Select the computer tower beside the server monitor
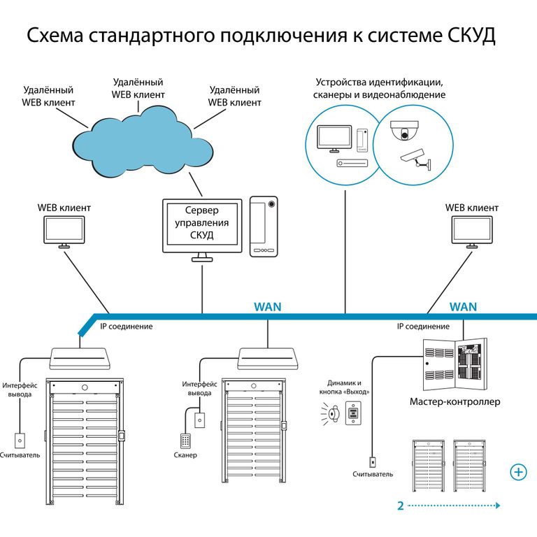click(264, 226)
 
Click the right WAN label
click(463, 306)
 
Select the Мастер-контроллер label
click(454, 402)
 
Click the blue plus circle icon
click(519, 472)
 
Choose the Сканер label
click(185, 455)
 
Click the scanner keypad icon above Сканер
click(185, 441)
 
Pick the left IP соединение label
click(126, 327)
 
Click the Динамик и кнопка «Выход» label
click(348, 387)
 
